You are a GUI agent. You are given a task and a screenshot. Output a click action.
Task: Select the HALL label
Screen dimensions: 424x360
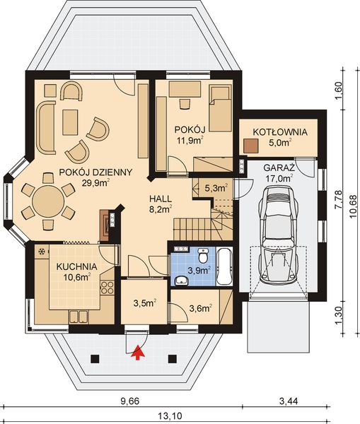[161, 199]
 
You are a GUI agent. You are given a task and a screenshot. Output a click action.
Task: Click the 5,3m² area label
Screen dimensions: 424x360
[215, 188]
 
